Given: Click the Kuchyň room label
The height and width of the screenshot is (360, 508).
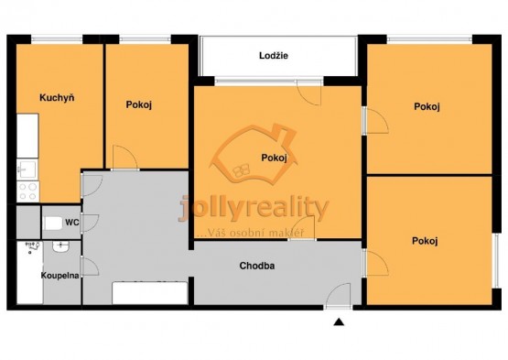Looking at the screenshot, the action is [x=57, y=98].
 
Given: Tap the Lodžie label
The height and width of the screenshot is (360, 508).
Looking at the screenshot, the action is [x=274, y=56].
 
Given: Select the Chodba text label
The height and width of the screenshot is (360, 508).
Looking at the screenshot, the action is [x=257, y=266].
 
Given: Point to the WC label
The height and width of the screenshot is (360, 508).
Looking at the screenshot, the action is [x=72, y=223].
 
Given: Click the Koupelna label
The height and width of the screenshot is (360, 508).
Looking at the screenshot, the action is [x=59, y=276].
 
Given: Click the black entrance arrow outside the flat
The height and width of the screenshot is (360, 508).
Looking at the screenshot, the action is [x=339, y=322].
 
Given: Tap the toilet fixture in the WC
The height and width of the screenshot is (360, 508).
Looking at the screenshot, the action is [x=53, y=224].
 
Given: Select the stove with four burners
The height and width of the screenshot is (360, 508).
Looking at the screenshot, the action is [x=27, y=191].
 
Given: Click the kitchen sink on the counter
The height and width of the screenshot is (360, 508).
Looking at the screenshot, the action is [x=27, y=169].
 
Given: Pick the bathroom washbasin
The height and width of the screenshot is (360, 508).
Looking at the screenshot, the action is [x=60, y=247].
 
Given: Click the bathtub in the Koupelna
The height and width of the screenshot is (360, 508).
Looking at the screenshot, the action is [x=29, y=272].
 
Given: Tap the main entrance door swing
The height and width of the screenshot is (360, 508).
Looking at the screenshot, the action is [x=339, y=295].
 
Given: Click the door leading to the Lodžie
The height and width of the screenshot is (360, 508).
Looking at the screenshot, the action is [x=309, y=93].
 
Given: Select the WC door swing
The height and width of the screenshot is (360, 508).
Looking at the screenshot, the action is [x=90, y=223].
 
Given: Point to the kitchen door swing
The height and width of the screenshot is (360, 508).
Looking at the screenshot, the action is [x=92, y=186].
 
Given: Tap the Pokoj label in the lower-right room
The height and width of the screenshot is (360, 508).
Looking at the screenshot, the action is [x=425, y=241].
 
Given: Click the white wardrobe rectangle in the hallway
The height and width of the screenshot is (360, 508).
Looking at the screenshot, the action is [x=150, y=293].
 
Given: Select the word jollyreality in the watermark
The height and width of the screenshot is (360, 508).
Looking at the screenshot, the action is [x=254, y=208].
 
